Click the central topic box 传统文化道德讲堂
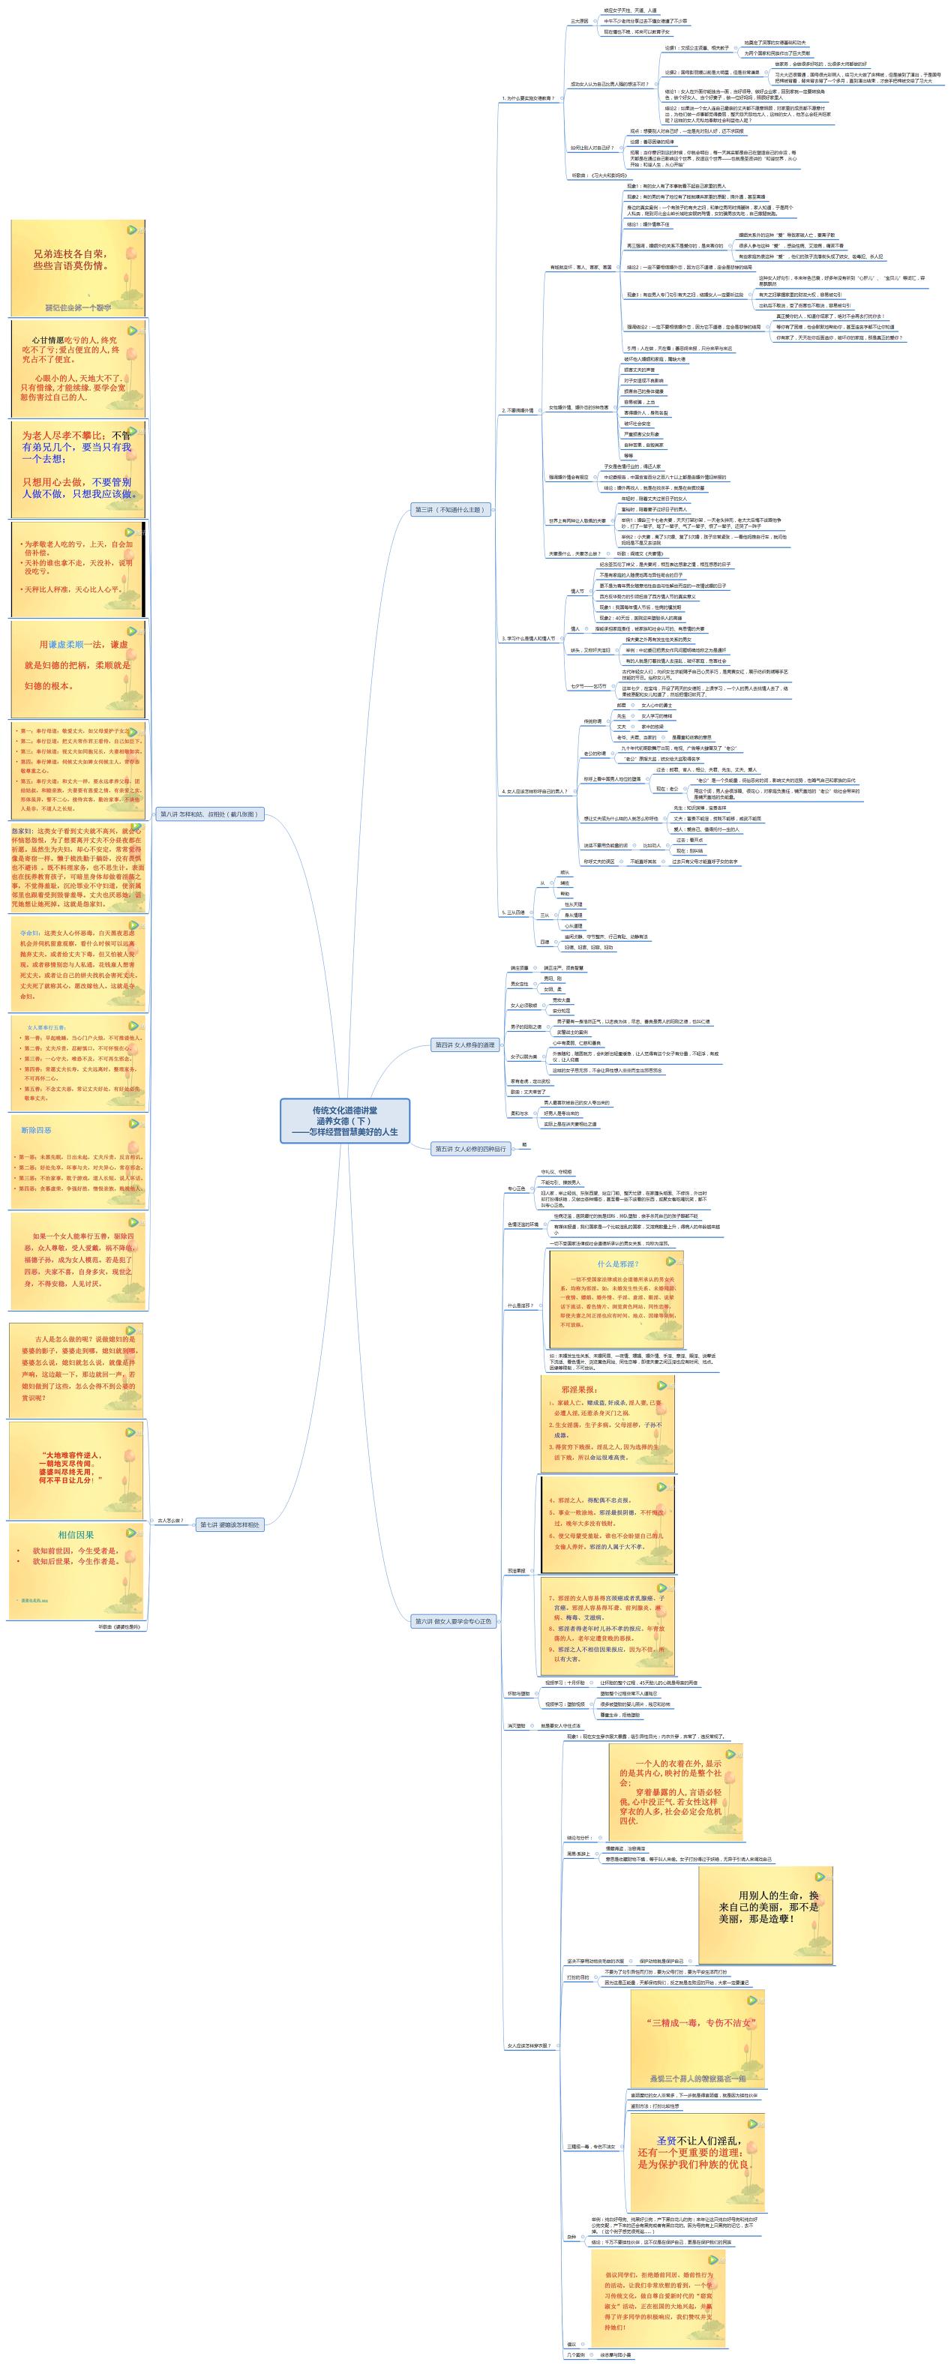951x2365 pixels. [x=344, y=1120]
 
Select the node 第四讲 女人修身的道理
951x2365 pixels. [x=464, y=1045]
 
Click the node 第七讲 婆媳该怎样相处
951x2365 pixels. [x=229, y=1524]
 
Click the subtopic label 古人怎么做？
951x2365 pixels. [x=171, y=1521]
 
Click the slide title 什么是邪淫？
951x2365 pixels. [x=616, y=1264]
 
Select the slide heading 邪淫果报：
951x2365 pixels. [x=579, y=1389]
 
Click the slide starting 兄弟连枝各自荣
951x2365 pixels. [x=70, y=259]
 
